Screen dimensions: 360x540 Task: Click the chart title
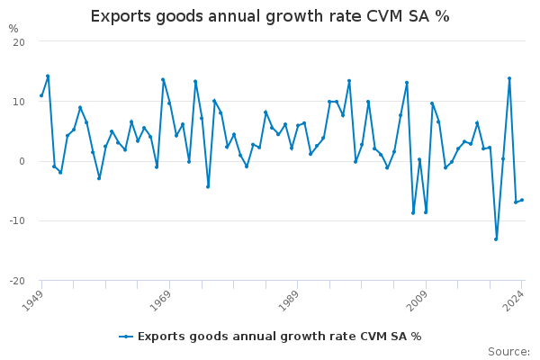[x=270, y=16]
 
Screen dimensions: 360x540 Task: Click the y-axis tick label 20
[x=18, y=42]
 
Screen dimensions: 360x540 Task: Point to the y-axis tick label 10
[x=18, y=102]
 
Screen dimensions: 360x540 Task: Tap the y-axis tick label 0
[x=22, y=161]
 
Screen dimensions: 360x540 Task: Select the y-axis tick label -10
[x=15, y=220]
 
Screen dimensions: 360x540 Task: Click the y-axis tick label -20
[x=15, y=280]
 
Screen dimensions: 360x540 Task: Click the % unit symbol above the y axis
[x=13, y=29]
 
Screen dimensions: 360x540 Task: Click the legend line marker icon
[x=126, y=337]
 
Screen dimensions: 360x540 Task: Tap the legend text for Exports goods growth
[x=279, y=337]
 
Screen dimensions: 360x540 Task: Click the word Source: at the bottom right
[x=508, y=352]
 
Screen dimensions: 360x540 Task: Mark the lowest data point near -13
[x=496, y=238]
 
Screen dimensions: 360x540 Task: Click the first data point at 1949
[x=41, y=95]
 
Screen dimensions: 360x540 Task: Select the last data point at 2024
[x=521, y=200]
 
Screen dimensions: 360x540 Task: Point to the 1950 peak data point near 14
[x=48, y=76]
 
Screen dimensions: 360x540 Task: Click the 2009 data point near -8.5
[x=426, y=212]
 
